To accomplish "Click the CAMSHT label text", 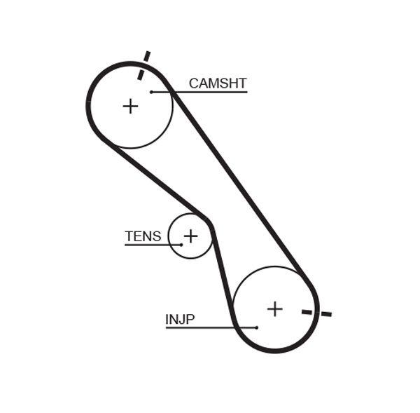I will pyautogui.click(x=218, y=83).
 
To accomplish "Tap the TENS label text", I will pyautogui.click(x=143, y=236).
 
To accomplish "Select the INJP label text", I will pyautogui.click(x=180, y=320).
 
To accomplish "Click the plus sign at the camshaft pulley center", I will pyautogui.click(x=130, y=106).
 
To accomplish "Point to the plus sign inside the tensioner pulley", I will pyautogui.click(x=190, y=236).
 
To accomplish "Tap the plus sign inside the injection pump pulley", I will pyautogui.click(x=275, y=309).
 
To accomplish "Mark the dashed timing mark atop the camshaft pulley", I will pyautogui.click(x=143, y=65).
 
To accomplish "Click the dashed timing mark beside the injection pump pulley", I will pyautogui.click(x=316, y=312).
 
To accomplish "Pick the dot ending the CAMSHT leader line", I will pyautogui.click(x=151, y=92).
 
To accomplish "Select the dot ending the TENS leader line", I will pyautogui.click(x=181, y=244).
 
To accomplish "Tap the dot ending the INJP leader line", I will pyautogui.click(x=257, y=327).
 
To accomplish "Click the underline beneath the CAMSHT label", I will pyautogui.click(x=210, y=92).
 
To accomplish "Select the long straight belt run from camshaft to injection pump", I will pyautogui.click(x=238, y=182).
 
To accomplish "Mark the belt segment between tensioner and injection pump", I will pyautogui.click(x=221, y=270).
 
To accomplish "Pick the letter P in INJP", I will pyautogui.click(x=190, y=320).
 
